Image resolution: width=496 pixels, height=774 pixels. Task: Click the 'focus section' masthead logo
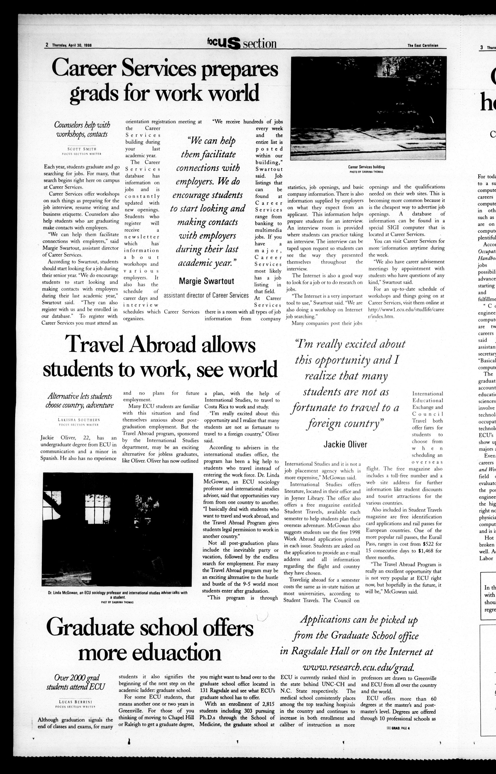[x=242, y=43]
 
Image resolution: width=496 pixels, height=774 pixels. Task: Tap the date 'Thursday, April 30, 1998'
[x=72, y=45]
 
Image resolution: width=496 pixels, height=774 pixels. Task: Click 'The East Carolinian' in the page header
[x=423, y=46]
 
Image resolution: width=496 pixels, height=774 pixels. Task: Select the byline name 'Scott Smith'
[x=82, y=149]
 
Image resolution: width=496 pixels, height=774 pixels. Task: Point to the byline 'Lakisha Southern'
[x=79, y=420]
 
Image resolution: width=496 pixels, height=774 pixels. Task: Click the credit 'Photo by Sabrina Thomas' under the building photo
[x=366, y=172]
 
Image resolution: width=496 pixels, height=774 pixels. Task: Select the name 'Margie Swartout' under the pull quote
[x=206, y=281]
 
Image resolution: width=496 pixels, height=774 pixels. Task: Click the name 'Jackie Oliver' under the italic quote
[x=345, y=445]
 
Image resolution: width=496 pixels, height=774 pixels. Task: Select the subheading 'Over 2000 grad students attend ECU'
[x=76, y=677]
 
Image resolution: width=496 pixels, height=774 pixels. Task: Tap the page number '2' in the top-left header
[x=47, y=45]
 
